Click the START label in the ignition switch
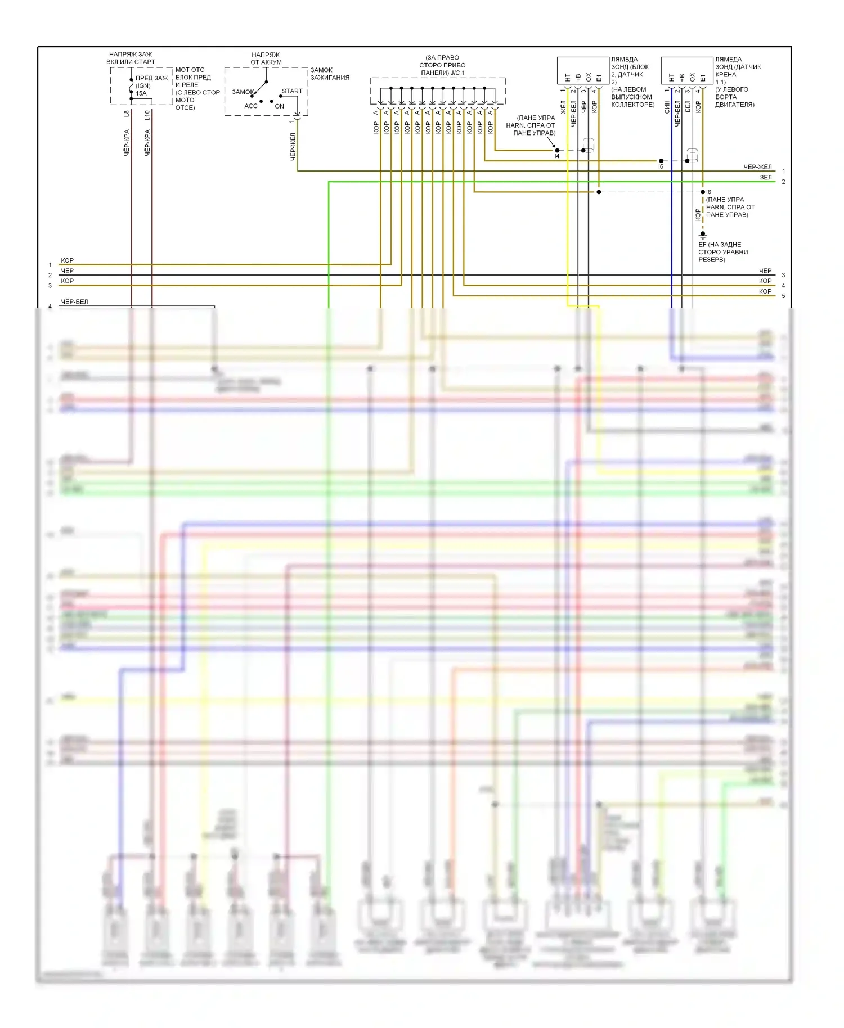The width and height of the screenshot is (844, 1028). coord(292,91)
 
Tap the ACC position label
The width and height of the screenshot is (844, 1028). coord(251,106)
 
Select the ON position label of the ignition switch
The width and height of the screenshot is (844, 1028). coord(280,106)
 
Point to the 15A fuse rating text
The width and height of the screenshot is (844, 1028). coord(141,93)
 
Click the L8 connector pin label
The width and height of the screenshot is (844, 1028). coord(127,114)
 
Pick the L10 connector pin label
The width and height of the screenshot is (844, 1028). coord(147,115)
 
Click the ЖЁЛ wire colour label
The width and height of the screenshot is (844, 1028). coord(563,107)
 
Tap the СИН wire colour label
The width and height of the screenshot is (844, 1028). coord(667,106)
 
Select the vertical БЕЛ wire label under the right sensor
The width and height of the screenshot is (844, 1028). coord(688,107)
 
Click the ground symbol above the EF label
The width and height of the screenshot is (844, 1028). coord(703,235)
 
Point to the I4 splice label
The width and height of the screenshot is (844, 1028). coord(557,156)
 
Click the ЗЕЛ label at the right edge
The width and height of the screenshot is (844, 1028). coord(766,177)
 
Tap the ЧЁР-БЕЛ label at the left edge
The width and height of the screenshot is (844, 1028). coord(74,302)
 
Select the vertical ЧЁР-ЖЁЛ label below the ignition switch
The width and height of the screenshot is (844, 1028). coord(293,146)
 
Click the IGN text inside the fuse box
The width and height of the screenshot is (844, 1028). coord(143,86)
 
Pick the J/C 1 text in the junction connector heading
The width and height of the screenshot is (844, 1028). coord(457,73)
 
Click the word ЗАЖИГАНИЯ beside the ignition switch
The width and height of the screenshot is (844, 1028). coord(330,78)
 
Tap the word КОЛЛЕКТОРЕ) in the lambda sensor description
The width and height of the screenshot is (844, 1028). coord(632,105)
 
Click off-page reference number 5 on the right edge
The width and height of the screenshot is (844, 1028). coord(783,296)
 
